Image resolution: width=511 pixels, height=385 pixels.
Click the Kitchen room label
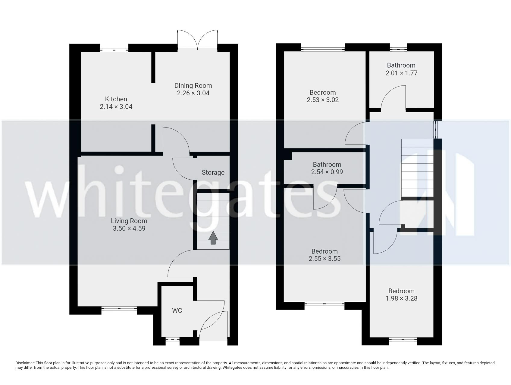coord(116,99)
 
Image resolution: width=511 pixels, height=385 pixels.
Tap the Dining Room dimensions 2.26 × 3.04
coord(193,93)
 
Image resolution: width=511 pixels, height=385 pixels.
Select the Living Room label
coord(129,221)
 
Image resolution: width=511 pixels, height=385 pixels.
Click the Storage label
coord(213,173)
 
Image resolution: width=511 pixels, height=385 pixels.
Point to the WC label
coord(177,310)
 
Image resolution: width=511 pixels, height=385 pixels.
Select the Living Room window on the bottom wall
coord(119,308)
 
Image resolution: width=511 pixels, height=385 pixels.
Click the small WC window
coord(172,340)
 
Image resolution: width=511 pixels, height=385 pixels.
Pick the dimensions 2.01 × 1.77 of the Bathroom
coord(401,73)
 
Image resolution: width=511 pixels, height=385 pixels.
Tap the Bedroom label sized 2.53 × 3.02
coord(323,93)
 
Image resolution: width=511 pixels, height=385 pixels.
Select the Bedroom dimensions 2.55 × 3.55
coord(324,259)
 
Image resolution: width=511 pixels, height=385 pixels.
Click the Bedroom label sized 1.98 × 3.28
coord(401,291)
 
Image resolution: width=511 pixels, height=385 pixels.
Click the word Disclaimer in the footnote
coord(25,363)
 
